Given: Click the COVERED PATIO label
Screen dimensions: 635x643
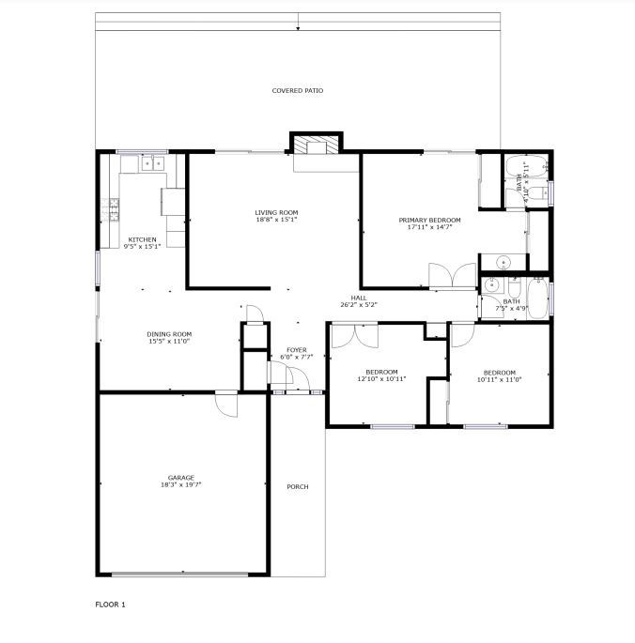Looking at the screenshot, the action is click(298, 90).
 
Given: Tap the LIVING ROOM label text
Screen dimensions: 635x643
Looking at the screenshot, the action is click(276, 212).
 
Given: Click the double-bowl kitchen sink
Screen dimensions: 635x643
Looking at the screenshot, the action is click(153, 163).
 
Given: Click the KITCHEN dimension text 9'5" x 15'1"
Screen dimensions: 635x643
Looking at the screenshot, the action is click(142, 247).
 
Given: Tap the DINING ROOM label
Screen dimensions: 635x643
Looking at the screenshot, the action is click(169, 334).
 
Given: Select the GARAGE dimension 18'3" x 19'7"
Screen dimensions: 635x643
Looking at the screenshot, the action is click(181, 484).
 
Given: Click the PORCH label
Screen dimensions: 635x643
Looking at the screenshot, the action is click(298, 487).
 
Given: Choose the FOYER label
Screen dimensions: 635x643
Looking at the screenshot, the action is click(296, 350).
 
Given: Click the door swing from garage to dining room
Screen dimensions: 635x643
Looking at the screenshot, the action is click(226, 406).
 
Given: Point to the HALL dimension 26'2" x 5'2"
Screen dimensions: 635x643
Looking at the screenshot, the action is click(359, 305).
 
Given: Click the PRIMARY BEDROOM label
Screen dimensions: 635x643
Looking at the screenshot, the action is click(430, 220).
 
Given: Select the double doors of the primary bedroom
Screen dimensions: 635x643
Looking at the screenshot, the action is click(453, 276).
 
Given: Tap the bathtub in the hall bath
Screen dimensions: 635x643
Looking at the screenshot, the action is click(537, 298).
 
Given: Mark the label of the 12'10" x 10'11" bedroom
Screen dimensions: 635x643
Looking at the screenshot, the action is click(381, 372).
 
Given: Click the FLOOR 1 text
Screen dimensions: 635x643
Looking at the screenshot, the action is click(110, 605).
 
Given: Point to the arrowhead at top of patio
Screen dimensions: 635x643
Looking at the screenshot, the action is click(298, 28).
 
